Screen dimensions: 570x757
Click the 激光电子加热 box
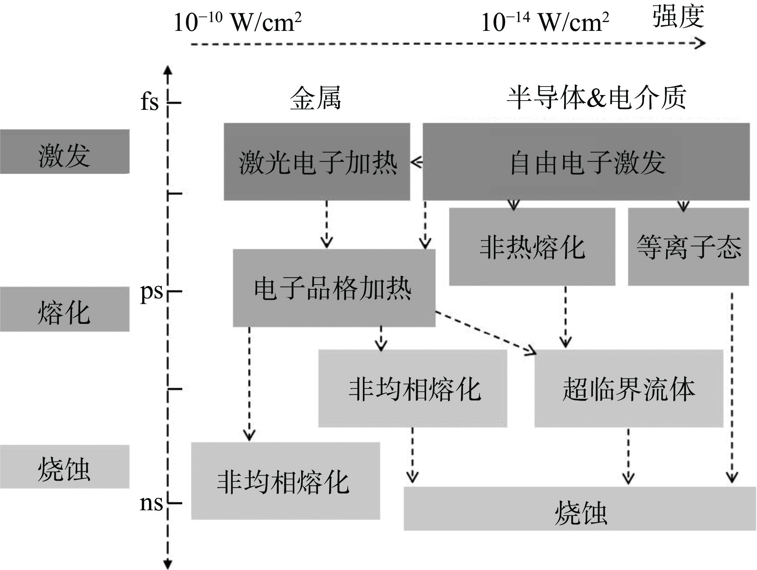317,162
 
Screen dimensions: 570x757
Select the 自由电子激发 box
586,162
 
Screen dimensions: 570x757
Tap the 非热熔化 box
532,247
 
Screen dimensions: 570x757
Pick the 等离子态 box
688,247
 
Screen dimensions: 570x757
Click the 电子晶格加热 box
334,288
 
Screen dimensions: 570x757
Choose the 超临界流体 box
628,388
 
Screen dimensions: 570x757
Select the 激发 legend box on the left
64,152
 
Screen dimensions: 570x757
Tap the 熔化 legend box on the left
64,309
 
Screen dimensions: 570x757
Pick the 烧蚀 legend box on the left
64,467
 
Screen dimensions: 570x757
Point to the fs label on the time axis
149,102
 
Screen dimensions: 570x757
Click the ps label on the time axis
151,292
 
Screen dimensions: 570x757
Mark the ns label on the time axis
151,503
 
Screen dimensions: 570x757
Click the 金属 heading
316,98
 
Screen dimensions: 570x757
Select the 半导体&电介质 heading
597,98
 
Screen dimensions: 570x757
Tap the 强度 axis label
678,17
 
